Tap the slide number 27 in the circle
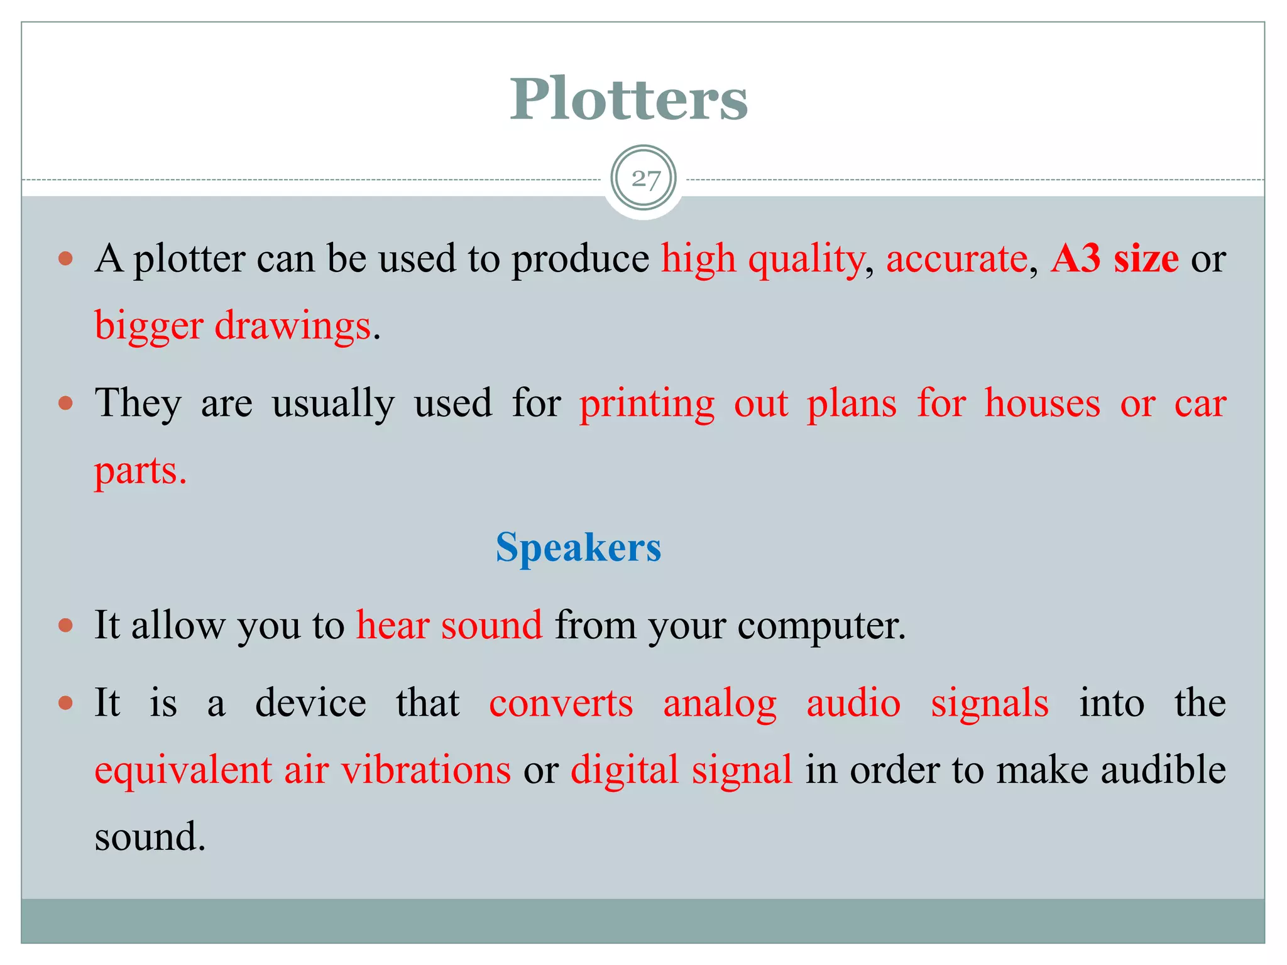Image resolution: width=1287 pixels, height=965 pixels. coord(645,179)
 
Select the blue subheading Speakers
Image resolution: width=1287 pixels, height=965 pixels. coord(578,547)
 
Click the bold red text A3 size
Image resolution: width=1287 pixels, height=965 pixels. coord(1114,258)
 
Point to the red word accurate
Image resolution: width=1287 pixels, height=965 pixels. coord(956,258)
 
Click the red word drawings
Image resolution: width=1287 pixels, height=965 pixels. coord(293,326)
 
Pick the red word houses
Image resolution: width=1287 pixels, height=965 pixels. coord(1043,403)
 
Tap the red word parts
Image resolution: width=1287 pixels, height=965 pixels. coord(139,471)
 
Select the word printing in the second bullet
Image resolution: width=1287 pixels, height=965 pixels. coord(647,404)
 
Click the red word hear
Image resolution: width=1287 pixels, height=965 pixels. coord(392,625)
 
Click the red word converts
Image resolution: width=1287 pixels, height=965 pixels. coord(561,703)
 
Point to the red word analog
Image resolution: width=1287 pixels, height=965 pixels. coord(720,704)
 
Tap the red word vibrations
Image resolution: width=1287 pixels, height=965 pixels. coord(426,770)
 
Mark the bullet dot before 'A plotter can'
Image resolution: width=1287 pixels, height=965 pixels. coord(66,258)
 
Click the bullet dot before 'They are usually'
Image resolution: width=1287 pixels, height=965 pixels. coord(66,403)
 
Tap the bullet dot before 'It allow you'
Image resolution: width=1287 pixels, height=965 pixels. coord(66,626)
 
